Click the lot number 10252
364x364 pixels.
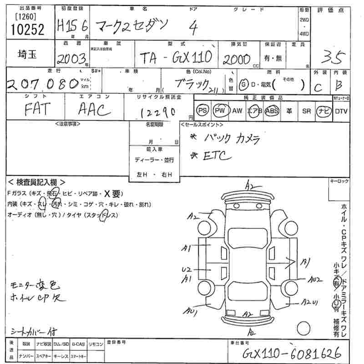point(27,30)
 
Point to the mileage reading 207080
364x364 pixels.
point(41,85)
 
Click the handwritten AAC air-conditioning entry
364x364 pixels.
point(95,110)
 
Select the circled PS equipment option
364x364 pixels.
point(202,111)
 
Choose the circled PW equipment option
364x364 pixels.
point(220,111)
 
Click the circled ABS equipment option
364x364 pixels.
point(272,111)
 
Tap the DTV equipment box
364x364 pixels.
point(341,111)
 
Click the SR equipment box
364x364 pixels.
point(306,111)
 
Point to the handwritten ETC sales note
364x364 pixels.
point(216,156)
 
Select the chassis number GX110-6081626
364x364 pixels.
point(291,353)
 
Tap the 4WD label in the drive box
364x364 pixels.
point(304,33)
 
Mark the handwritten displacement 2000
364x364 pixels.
point(237,59)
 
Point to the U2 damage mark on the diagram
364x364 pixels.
point(186,269)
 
